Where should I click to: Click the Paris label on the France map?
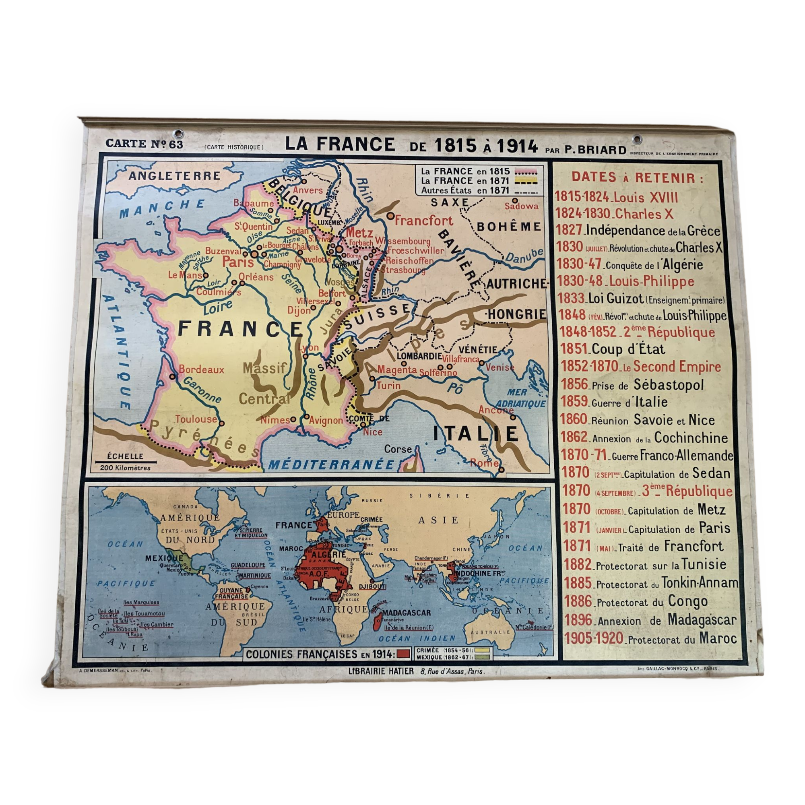(238, 262)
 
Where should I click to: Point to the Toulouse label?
(196, 419)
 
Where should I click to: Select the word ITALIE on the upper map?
(476, 434)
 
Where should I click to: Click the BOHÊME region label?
(509, 227)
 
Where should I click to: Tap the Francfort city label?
(423, 221)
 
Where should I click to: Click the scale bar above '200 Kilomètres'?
(126, 462)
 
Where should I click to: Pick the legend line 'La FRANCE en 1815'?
(465, 171)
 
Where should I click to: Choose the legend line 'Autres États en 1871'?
(465, 190)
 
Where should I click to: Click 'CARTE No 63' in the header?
(144, 144)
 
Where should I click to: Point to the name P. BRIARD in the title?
(595, 150)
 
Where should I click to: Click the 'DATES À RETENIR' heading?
(637, 178)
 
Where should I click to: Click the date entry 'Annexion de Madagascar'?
(667, 620)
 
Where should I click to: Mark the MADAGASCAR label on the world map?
(406, 613)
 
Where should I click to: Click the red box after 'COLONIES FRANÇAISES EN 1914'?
(403, 654)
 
